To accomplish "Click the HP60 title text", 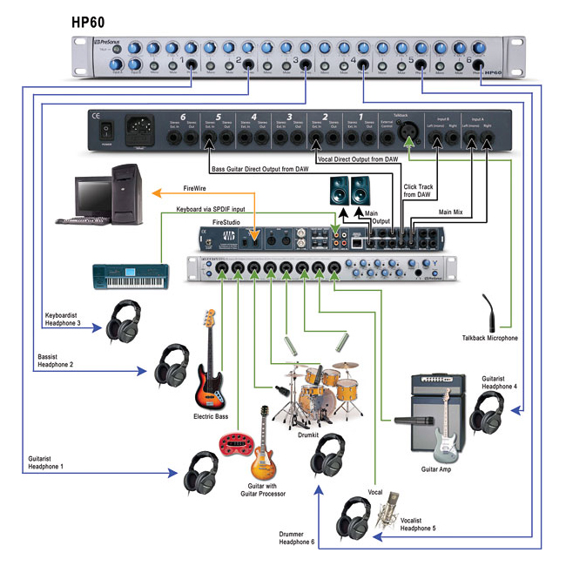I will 94,20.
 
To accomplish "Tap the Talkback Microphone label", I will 489,338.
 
